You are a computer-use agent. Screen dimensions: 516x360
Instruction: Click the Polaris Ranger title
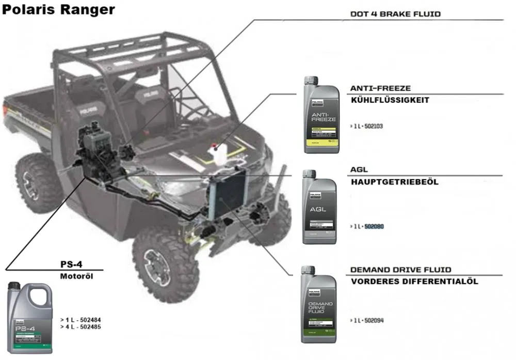coord(58,10)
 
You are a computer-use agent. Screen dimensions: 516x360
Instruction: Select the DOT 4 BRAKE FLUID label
coord(395,14)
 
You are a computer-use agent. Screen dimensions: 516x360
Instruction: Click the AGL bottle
coord(319,209)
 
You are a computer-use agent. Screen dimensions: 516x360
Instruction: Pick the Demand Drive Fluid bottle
coord(319,307)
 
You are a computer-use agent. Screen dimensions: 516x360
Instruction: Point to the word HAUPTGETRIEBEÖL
coord(394,182)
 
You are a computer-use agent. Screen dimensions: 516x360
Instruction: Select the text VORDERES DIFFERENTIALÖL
coord(414,281)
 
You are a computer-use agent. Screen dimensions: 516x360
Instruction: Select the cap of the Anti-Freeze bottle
coord(311,80)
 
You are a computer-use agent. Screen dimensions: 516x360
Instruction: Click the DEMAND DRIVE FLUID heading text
coord(400,270)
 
